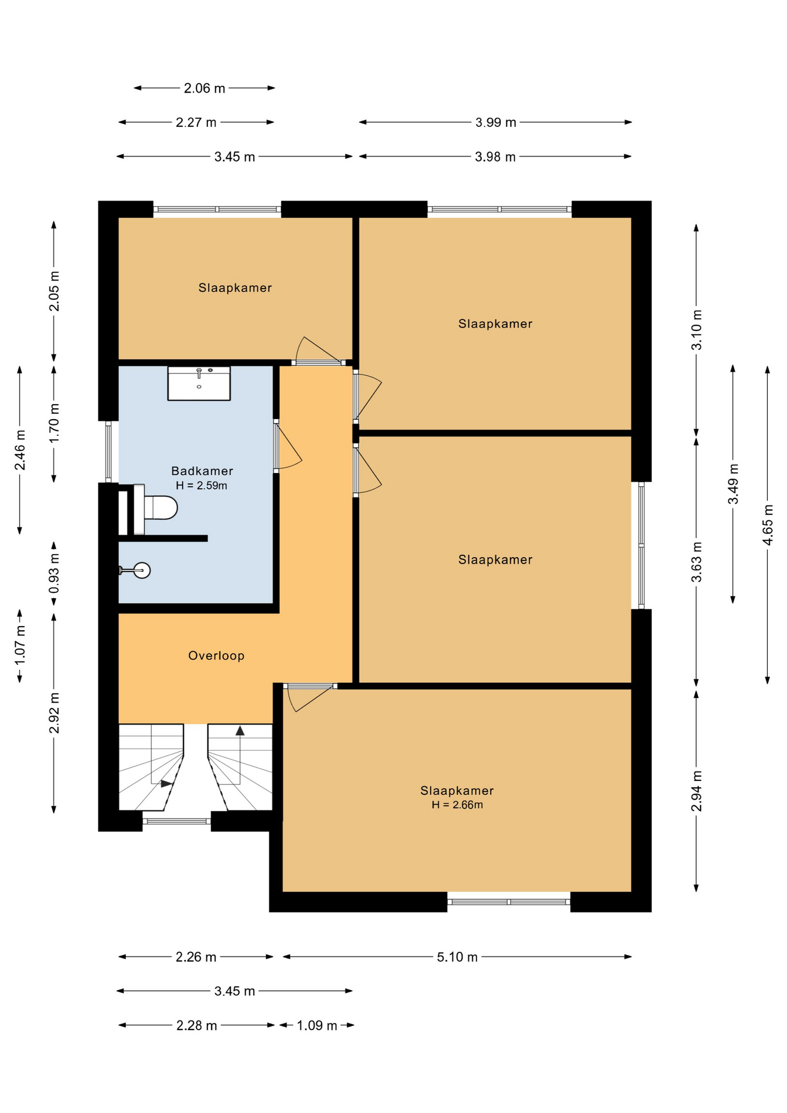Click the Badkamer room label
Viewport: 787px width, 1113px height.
tap(202, 471)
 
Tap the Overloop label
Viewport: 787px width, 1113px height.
tap(216, 656)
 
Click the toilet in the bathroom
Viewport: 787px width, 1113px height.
tap(156, 508)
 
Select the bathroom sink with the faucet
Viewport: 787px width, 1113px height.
tap(199, 383)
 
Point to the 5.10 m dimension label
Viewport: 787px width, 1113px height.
tap(457, 957)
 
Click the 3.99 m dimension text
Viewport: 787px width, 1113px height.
tap(495, 122)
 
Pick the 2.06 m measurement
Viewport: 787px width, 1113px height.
tap(205, 88)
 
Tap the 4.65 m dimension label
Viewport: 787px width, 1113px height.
tap(767, 525)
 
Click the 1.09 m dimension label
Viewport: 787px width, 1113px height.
tap(317, 1025)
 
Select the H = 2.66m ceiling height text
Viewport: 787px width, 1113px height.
tap(457, 805)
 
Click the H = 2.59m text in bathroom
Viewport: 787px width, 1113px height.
tap(202, 486)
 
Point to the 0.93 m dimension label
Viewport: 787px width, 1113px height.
tap(54, 574)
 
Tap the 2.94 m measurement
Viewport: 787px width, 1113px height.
tap(697, 791)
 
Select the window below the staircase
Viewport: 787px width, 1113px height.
tap(177, 821)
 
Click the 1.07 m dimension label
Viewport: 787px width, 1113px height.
tap(20, 646)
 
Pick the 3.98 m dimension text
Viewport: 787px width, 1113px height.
tap(495, 157)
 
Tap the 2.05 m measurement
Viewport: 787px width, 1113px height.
tap(54, 292)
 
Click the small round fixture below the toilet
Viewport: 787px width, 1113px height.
tap(141, 570)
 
